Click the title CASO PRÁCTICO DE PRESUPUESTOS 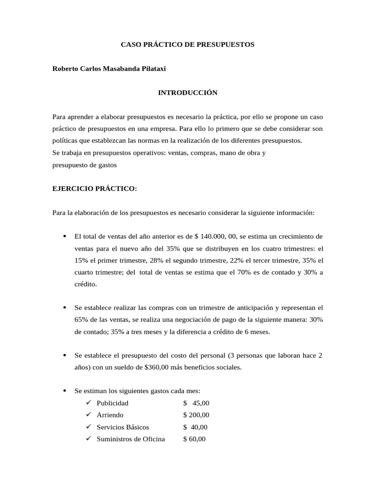[187, 44]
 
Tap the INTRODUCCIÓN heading [187, 93]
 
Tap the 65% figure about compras [82, 320]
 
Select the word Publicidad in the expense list [112, 403]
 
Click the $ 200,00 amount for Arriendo [196, 415]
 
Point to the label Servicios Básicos [123, 427]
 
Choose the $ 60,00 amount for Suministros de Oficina [194, 439]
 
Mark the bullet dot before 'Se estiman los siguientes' [65, 391]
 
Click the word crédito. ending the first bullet [86, 284]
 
